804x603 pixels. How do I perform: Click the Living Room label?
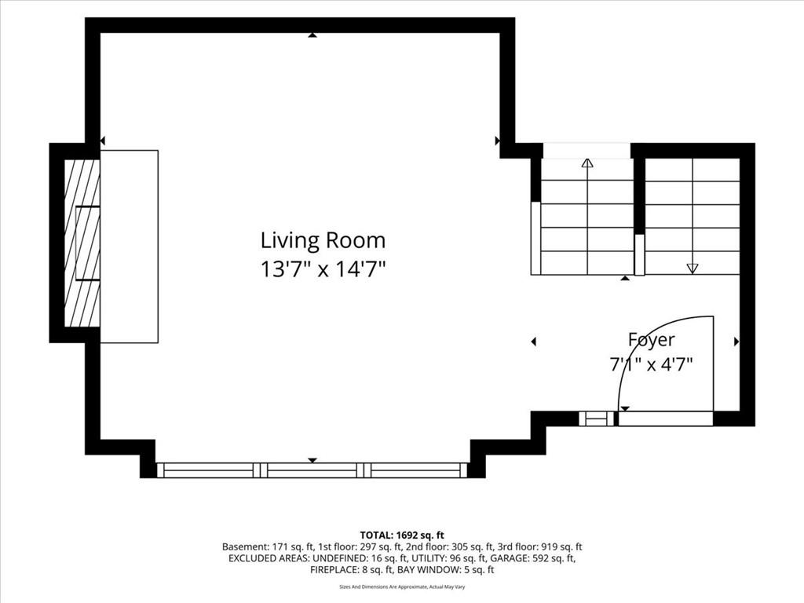click(323, 240)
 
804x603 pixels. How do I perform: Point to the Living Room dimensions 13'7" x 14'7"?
click(323, 269)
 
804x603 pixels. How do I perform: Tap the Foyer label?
click(651, 340)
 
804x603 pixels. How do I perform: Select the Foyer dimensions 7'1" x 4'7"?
click(651, 364)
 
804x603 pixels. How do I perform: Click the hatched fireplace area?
click(82, 243)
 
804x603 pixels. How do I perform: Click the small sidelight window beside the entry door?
click(597, 418)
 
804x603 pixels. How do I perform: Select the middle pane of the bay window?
click(312, 470)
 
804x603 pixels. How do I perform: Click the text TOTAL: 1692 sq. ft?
click(401, 535)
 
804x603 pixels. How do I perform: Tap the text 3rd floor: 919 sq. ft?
click(540, 547)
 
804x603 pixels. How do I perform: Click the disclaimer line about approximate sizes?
click(402, 587)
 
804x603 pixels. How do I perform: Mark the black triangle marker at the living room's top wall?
click(312, 35)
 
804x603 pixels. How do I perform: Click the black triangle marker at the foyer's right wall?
click(736, 341)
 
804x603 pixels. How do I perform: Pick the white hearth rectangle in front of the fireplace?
click(130, 247)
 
